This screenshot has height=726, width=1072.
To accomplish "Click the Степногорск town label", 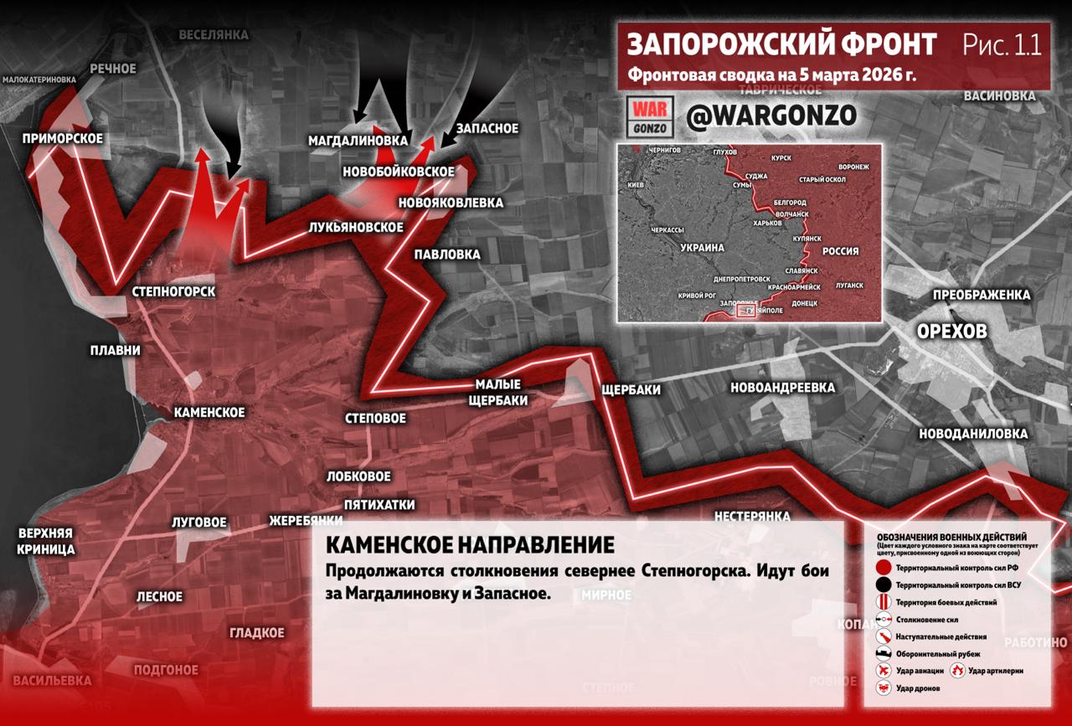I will tap(173, 292).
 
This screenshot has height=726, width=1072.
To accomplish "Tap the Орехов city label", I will tap(951, 332).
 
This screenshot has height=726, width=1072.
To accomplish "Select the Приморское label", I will tap(63, 139).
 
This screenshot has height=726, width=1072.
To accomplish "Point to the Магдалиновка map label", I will tap(358, 140).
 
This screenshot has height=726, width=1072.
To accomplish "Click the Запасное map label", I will tap(486, 129).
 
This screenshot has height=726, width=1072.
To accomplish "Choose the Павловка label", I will tap(447, 254).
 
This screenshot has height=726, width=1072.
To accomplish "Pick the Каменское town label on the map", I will tap(209, 413).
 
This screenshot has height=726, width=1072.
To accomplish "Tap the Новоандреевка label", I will tap(782, 388).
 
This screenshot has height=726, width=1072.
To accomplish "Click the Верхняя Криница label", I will tap(46, 542).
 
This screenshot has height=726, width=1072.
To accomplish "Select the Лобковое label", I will tap(358, 476).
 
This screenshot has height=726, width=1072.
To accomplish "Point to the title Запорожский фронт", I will tap(782, 44).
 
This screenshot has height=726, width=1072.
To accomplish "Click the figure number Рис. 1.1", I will tap(1002, 45).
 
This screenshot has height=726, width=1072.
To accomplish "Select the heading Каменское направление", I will tap(469, 545).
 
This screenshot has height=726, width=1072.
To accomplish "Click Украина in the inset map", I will tap(702, 249).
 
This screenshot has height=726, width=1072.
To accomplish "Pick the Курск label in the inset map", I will tap(781, 157).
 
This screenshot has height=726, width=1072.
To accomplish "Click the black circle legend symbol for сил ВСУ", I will tap(883, 584).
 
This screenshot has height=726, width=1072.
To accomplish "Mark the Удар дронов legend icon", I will tap(883, 688).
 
